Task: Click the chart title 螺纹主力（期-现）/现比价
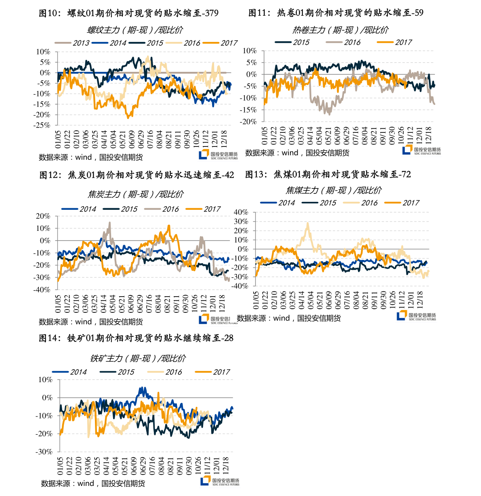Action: [135, 30]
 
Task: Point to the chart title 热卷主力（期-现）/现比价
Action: [340, 30]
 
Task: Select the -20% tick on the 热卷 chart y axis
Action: [248, 121]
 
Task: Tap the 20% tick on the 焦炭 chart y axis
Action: [43, 216]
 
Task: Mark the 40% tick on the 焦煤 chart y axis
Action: [241, 212]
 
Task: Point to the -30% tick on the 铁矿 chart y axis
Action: [44, 452]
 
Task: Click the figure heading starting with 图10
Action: [128, 13]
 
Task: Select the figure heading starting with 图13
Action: [328, 174]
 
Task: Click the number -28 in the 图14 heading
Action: [228, 338]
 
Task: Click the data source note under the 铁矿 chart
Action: [93, 483]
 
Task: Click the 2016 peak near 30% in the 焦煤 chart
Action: [308, 223]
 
